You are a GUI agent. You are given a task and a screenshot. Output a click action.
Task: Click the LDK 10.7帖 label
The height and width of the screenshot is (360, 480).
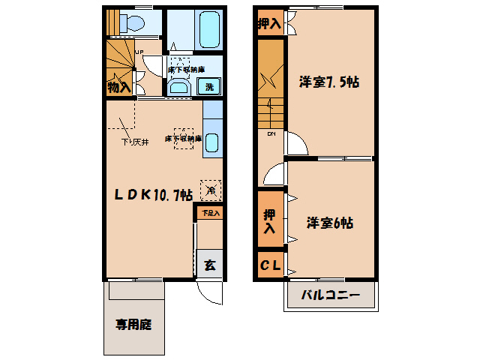154,195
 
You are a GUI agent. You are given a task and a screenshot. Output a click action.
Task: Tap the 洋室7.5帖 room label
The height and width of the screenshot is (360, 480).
328,82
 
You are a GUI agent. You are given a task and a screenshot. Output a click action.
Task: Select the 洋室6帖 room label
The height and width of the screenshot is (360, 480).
330,223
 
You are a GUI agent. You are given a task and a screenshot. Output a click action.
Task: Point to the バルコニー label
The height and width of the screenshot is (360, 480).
331,295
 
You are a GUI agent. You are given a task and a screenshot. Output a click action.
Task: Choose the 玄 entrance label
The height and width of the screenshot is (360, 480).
210,264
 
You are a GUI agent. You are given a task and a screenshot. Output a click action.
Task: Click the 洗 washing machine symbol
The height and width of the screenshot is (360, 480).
210,86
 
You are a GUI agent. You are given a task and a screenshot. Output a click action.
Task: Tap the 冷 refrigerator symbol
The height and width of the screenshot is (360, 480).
211,190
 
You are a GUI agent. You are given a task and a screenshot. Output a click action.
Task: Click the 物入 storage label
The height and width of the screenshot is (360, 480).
118,87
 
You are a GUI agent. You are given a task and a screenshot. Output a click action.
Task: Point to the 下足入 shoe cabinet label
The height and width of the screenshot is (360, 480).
210,214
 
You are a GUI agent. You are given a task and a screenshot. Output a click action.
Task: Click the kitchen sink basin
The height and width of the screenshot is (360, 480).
211,141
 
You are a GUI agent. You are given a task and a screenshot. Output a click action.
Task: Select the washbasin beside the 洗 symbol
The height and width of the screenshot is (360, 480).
180,87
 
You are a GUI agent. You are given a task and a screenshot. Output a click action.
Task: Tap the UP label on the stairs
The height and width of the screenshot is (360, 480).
139,52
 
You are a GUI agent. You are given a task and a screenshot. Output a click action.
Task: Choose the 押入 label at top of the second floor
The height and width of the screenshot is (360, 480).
268,24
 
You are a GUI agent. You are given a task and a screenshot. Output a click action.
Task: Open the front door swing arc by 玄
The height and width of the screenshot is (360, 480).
211,295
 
